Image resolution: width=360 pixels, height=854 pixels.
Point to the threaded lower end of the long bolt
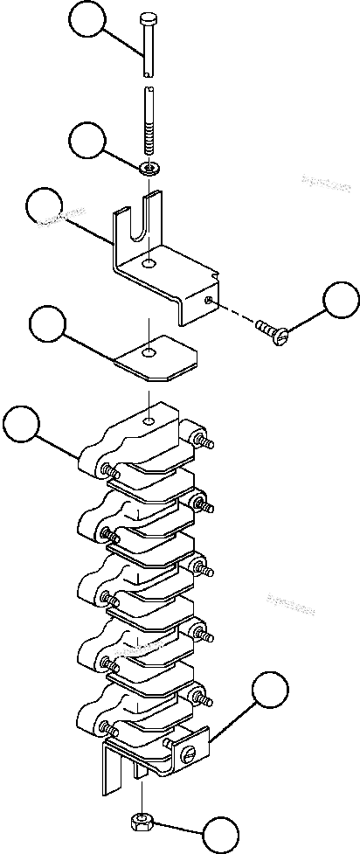click(x=150, y=141)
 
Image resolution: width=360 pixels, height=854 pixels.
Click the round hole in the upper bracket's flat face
click(x=151, y=263)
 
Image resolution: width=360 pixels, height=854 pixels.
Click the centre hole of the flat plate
click(x=151, y=353)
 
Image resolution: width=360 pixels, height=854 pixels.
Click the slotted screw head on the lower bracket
click(x=189, y=753)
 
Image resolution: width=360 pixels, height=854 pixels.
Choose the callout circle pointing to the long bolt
click(x=90, y=20)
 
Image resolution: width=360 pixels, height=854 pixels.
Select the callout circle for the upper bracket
click(x=45, y=207)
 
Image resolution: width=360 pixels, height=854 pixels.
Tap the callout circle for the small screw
click(x=341, y=301)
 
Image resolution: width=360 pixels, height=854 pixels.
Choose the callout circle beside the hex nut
click(x=221, y=834)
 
